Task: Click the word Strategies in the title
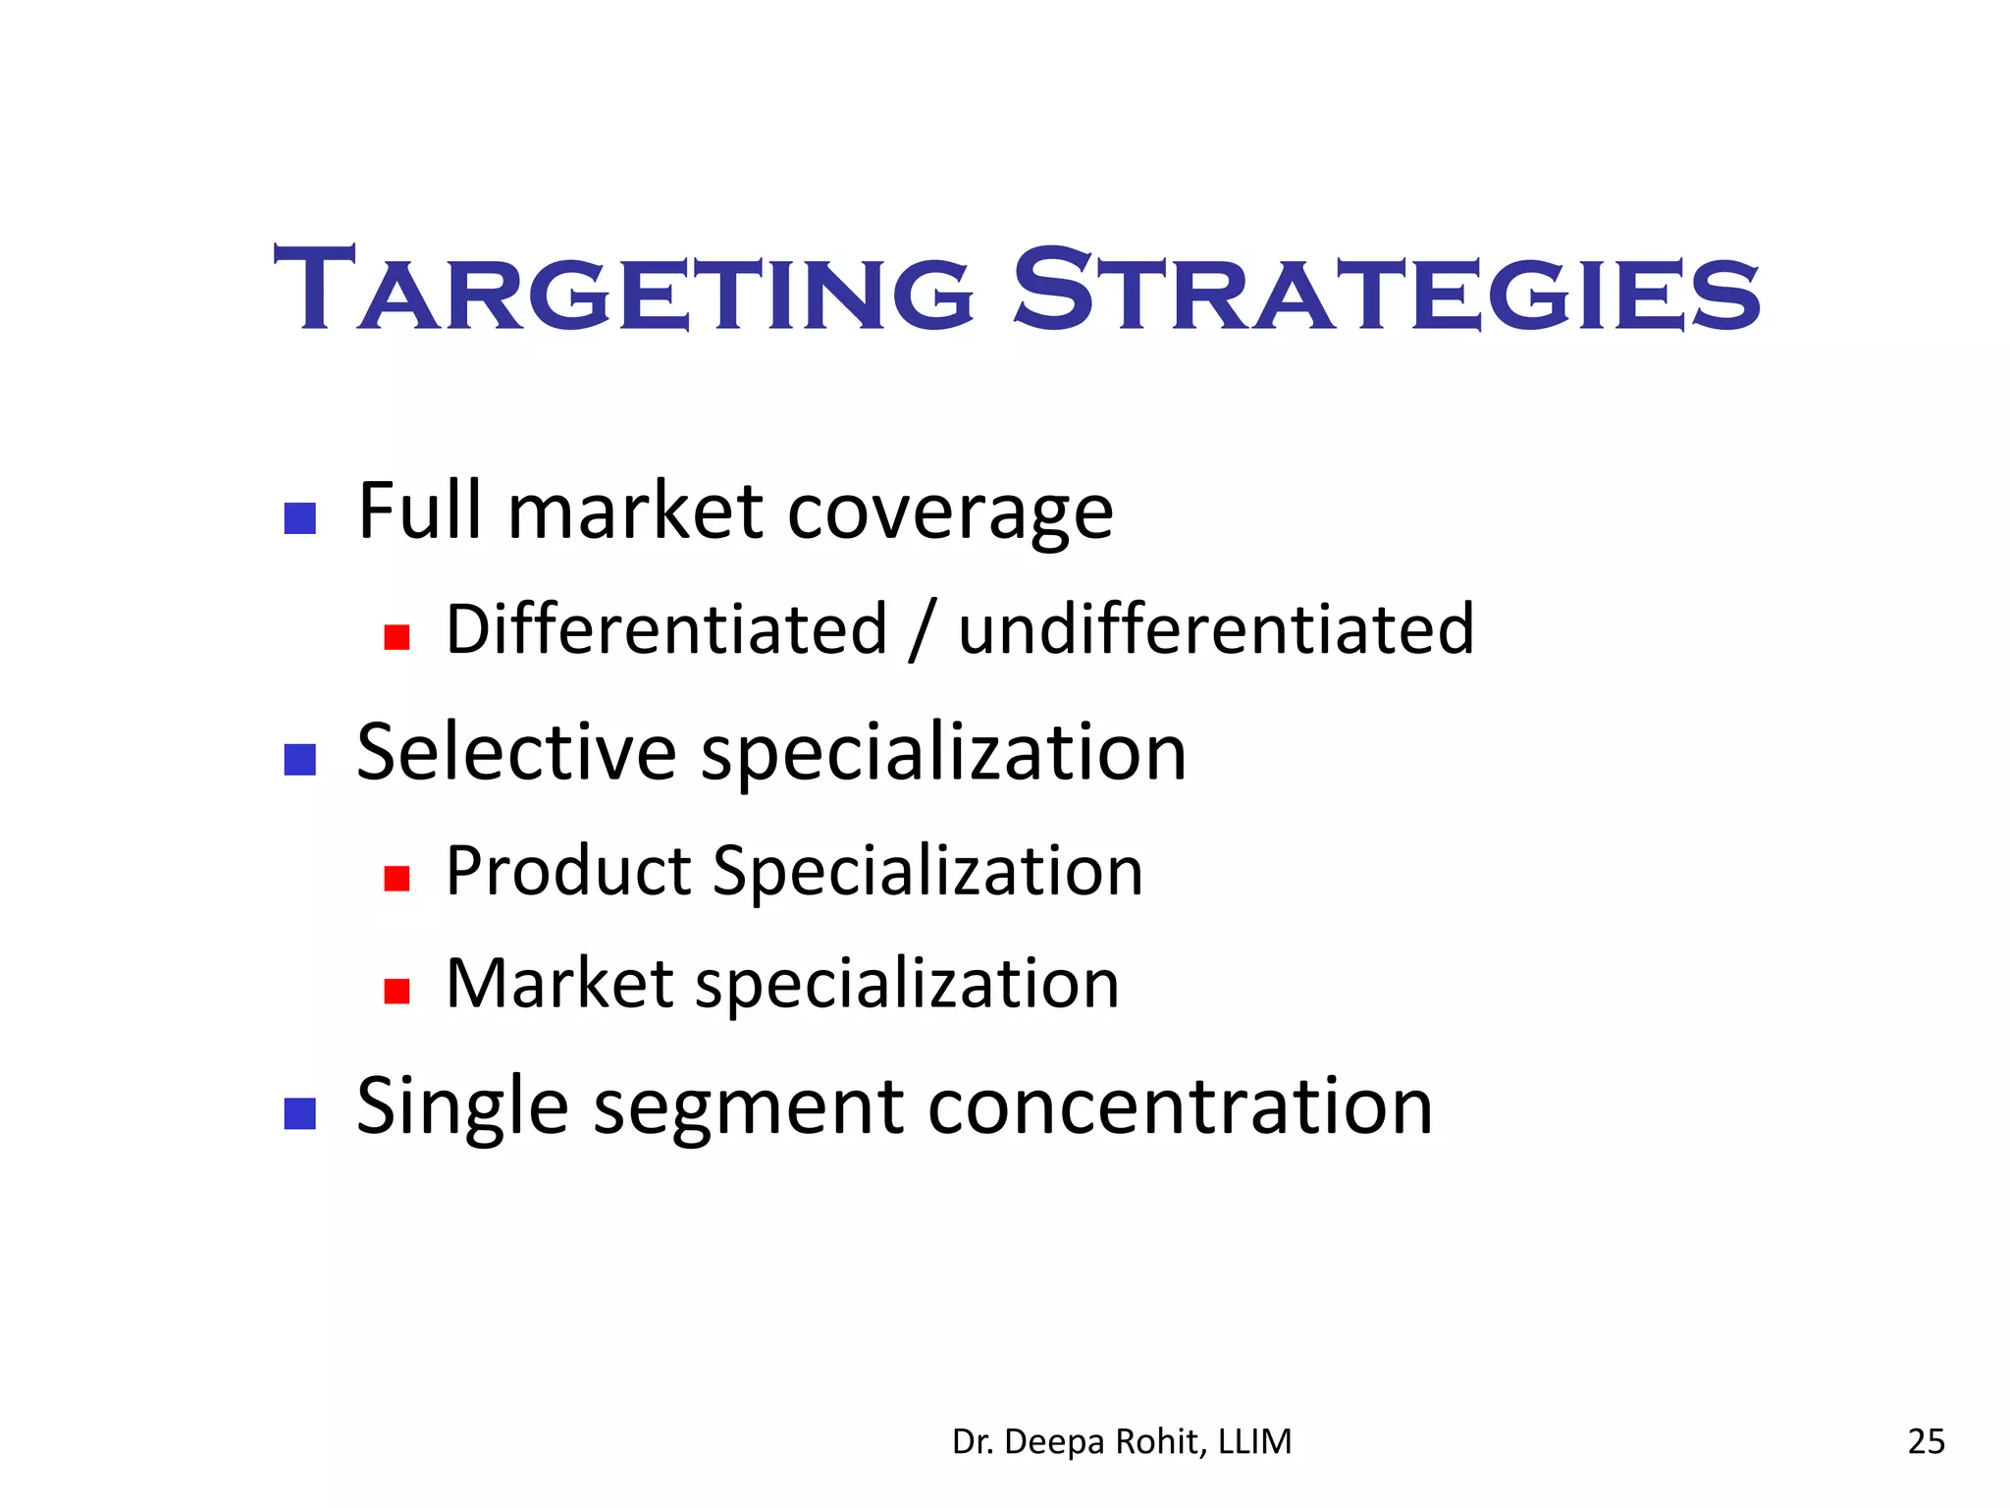[x=1386, y=291]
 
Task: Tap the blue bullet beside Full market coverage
[x=299, y=517]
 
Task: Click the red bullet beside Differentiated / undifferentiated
[x=397, y=637]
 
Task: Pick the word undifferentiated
[x=1215, y=629]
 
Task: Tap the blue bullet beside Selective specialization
[x=299, y=759]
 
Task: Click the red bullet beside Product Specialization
[x=397, y=878]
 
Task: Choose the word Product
[x=568, y=871]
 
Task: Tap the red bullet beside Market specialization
[x=397, y=991]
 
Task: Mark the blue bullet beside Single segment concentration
[x=299, y=1113]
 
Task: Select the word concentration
[x=1180, y=1106]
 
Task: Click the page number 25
[x=1926, y=1441]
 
